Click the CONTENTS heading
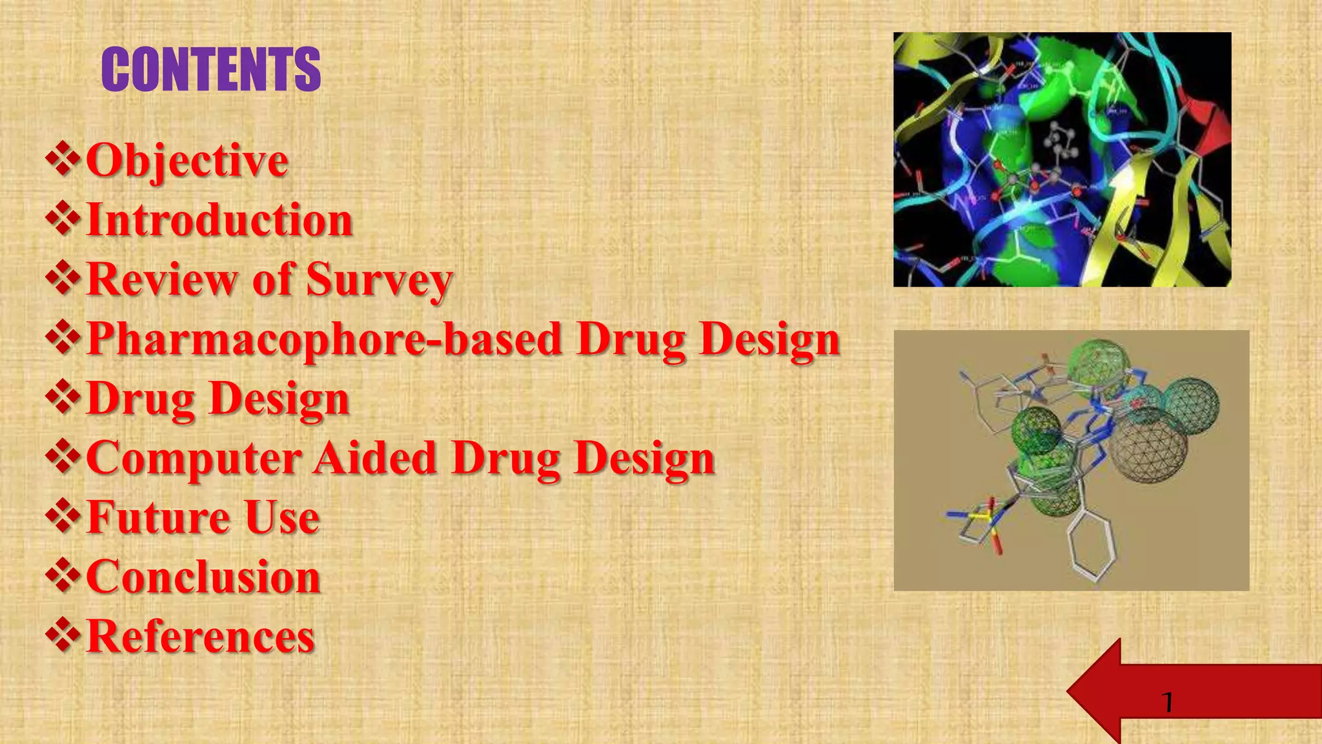(x=211, y=69)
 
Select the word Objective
(x=187, y=160)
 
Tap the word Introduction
(x=219, y=220)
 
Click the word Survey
(x=379, y=280)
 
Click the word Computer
(x=194, y=458)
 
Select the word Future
(x=158, y=517)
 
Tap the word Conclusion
(x=203, y=577)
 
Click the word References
(x=201, y=636)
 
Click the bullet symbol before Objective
(x=63, y=160)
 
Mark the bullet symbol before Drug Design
(x=63, y=398)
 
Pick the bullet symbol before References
(x=63, y=635)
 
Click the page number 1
(x=1167, y=702)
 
